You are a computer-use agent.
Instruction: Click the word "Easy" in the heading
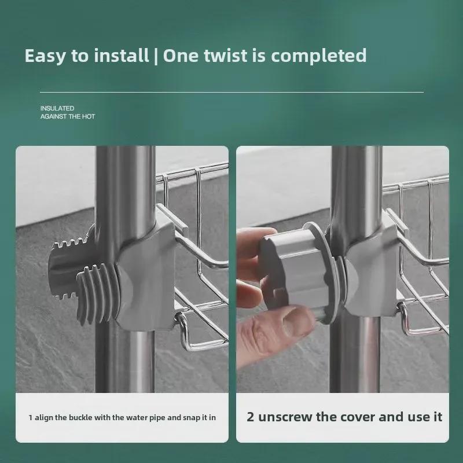45,56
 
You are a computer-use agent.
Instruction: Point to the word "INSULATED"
57,108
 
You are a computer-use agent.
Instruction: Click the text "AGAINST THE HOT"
67,117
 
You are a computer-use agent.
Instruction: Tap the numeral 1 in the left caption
31,417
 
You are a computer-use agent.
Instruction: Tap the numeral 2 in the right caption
251,417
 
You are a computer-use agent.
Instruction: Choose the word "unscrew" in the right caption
286,417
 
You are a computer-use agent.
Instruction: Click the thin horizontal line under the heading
231,92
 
